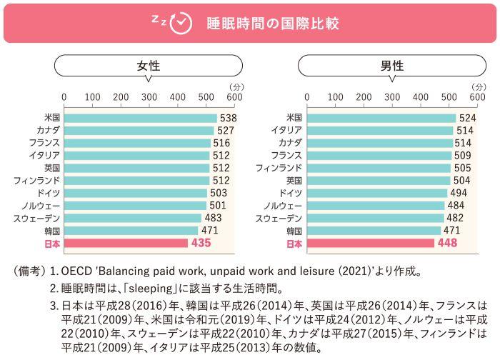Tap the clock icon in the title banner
tap(183, 23)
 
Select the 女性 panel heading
tap(149, 66)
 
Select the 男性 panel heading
tap(391, 66)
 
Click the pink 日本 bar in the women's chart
tap(126, 244)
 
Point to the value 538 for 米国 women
tap(228, 118)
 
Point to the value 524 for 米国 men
tap(468, 118)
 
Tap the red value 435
tap(202, 244)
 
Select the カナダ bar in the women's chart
tap(139, 131)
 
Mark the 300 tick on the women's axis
tap(149, 97)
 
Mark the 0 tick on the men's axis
tap(307, 97)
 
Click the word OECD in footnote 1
tap(76, 271)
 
